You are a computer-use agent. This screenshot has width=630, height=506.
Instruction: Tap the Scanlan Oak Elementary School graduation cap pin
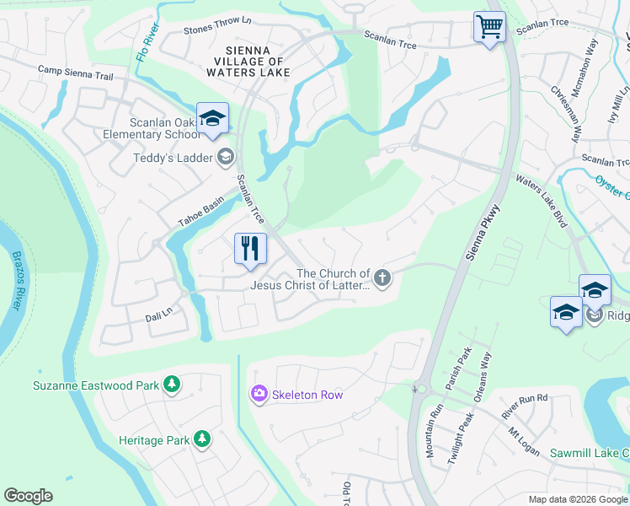pyautogui.click(x=212, y=118)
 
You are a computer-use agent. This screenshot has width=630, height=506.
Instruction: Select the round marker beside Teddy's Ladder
pyautogui.click(x=225, y=157)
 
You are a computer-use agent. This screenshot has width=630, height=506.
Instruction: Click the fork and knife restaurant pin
pyautogui.click(x=250, y=249)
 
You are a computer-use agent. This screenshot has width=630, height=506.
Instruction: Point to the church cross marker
pyautogui.click(x=382, y=278)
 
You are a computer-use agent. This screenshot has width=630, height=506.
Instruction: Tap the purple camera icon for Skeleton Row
pyautogui.click(x=259, y=394)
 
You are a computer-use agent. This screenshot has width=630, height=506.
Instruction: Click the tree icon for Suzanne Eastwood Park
pyautogui.click(x=172, y=385)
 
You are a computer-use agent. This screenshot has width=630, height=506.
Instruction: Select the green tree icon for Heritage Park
pyautogui.click(x=202, y=439)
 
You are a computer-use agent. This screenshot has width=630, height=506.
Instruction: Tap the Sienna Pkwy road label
pyautogui.click(x=482, y=232)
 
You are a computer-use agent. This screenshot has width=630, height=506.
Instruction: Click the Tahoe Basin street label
pyautogui.click(x=200, y=213)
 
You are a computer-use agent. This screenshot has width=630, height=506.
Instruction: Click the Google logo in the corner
pyautogui.click(x=28, y=495)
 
